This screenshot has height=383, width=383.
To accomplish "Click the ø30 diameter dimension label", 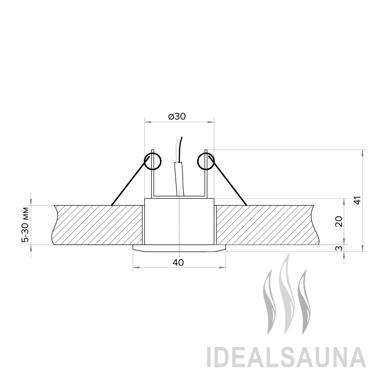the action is tap(177, 117).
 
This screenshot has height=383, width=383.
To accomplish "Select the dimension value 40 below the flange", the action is tap(178, 263).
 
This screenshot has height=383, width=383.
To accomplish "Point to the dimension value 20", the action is tap(339, 222).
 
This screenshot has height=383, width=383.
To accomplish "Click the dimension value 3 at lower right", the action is tap(339, 249).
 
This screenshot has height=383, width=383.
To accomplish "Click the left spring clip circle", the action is tap(153, 161).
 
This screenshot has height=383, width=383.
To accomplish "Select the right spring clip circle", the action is tap(206, 161).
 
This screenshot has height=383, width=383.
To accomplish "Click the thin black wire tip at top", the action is tap(181, 137).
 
